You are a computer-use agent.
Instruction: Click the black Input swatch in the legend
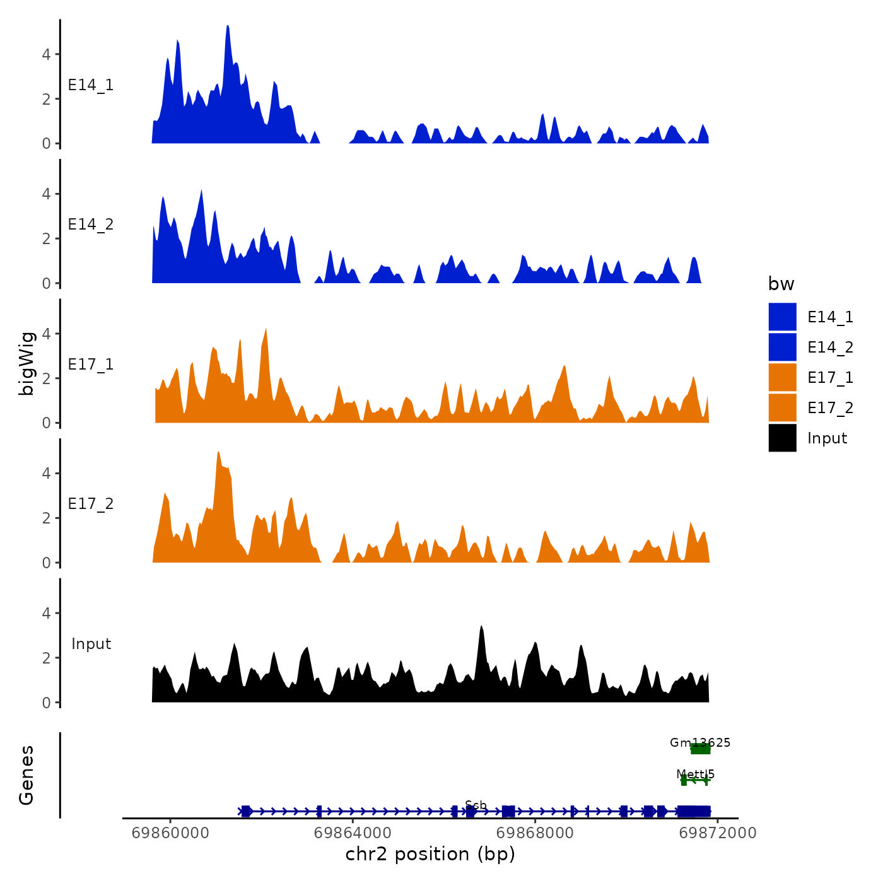coord(782,438)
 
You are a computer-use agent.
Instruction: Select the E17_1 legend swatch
coord(782,377)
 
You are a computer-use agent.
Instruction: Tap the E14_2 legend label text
coord(830,348)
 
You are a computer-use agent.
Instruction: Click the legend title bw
coord(781,284)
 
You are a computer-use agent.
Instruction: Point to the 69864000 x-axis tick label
coord(353,833)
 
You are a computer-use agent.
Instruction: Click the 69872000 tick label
coord(717,833)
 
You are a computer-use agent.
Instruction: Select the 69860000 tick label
coord(170,833)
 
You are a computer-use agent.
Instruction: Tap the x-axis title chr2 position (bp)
coord(430,854)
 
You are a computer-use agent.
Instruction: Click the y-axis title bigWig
coord(26,363)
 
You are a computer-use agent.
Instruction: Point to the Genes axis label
coord(26,775)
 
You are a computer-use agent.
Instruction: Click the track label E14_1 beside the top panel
coord(91,85)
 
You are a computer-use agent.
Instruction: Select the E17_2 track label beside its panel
coord(91,504)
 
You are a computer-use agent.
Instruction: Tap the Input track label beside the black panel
coord(91,644)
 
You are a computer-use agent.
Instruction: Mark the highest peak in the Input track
coord(481,628)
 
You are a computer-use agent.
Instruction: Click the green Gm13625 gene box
coord(700,749)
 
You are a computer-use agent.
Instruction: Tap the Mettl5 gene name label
coord(695,774)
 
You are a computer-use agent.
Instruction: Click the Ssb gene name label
coord(476,805)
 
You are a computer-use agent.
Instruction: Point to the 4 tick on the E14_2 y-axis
coord(46,194)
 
